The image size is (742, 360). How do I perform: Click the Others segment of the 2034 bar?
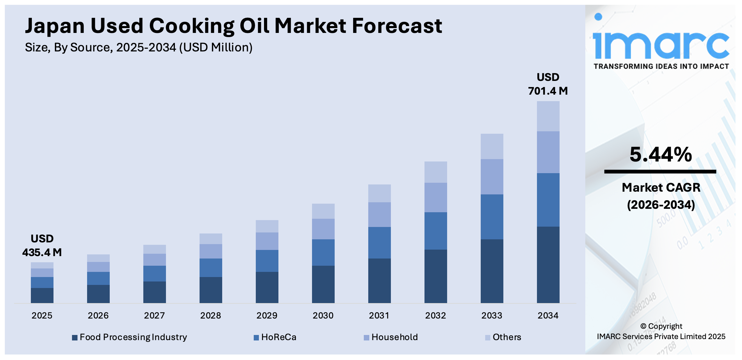(x=548, y=116)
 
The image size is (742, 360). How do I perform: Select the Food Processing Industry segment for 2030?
(x=323, y=284)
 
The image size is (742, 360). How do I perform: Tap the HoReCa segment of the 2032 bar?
(x=435, y=231)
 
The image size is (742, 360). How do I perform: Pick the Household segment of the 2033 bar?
(x=492, y=177)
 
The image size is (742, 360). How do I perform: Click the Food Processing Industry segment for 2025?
(x=42, y=295)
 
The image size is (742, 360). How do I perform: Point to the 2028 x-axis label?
(x=211, y=315)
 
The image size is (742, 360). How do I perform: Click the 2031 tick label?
(x=379, y=315)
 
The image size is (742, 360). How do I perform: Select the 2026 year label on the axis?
(x=98, y=315)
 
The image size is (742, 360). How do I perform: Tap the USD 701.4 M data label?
(x=548, y=84)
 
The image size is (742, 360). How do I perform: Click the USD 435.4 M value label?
(x=42, y=246)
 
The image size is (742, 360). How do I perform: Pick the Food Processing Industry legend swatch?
(x=74, y=338)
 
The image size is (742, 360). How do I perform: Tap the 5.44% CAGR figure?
(x=660, y=155)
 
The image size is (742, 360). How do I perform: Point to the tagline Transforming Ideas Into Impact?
(x=661, y=67)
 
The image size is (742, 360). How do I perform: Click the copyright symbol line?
(x=661, y=326)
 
